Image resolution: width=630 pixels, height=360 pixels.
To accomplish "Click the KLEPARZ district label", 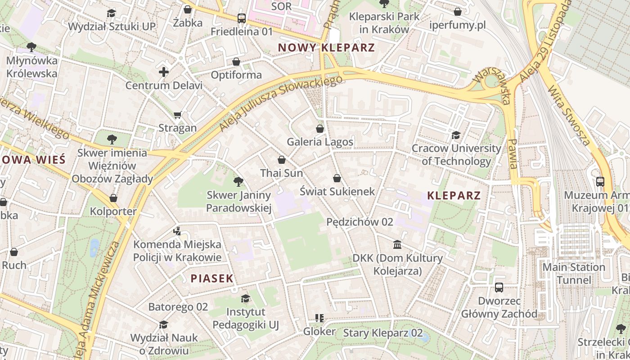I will (454, 195).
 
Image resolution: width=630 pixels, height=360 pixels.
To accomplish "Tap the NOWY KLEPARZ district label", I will (326, 47).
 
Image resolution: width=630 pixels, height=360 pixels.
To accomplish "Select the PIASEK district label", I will (212, 279).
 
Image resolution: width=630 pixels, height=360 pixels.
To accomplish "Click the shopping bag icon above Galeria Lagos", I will (320, 129).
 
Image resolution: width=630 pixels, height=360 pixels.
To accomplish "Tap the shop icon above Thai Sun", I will (282, 160).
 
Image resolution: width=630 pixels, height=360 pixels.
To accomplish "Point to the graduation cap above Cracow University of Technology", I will (456, 135).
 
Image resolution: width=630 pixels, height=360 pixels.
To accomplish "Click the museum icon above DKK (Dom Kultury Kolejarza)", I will (397, 245).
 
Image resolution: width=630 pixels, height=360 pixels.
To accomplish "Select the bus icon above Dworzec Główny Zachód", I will (499, 288).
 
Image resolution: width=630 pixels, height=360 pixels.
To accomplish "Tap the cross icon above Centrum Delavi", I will (164, 72).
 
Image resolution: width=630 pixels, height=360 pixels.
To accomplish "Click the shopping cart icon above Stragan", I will (178, 115).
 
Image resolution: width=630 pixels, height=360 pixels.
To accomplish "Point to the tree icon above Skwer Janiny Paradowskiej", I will (238, 182).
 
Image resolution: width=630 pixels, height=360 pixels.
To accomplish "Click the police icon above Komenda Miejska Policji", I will (177, 231).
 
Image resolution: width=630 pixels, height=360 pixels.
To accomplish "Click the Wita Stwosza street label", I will (569, 115).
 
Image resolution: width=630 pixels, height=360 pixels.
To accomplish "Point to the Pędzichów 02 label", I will (360, 222).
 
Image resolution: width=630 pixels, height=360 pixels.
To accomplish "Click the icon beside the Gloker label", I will (319, 318).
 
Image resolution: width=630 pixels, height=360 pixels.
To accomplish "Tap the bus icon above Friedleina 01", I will (242, 18).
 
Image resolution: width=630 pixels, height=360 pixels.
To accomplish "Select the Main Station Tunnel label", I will (574, 274).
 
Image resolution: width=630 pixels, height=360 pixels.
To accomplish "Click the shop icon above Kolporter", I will (113, 198).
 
